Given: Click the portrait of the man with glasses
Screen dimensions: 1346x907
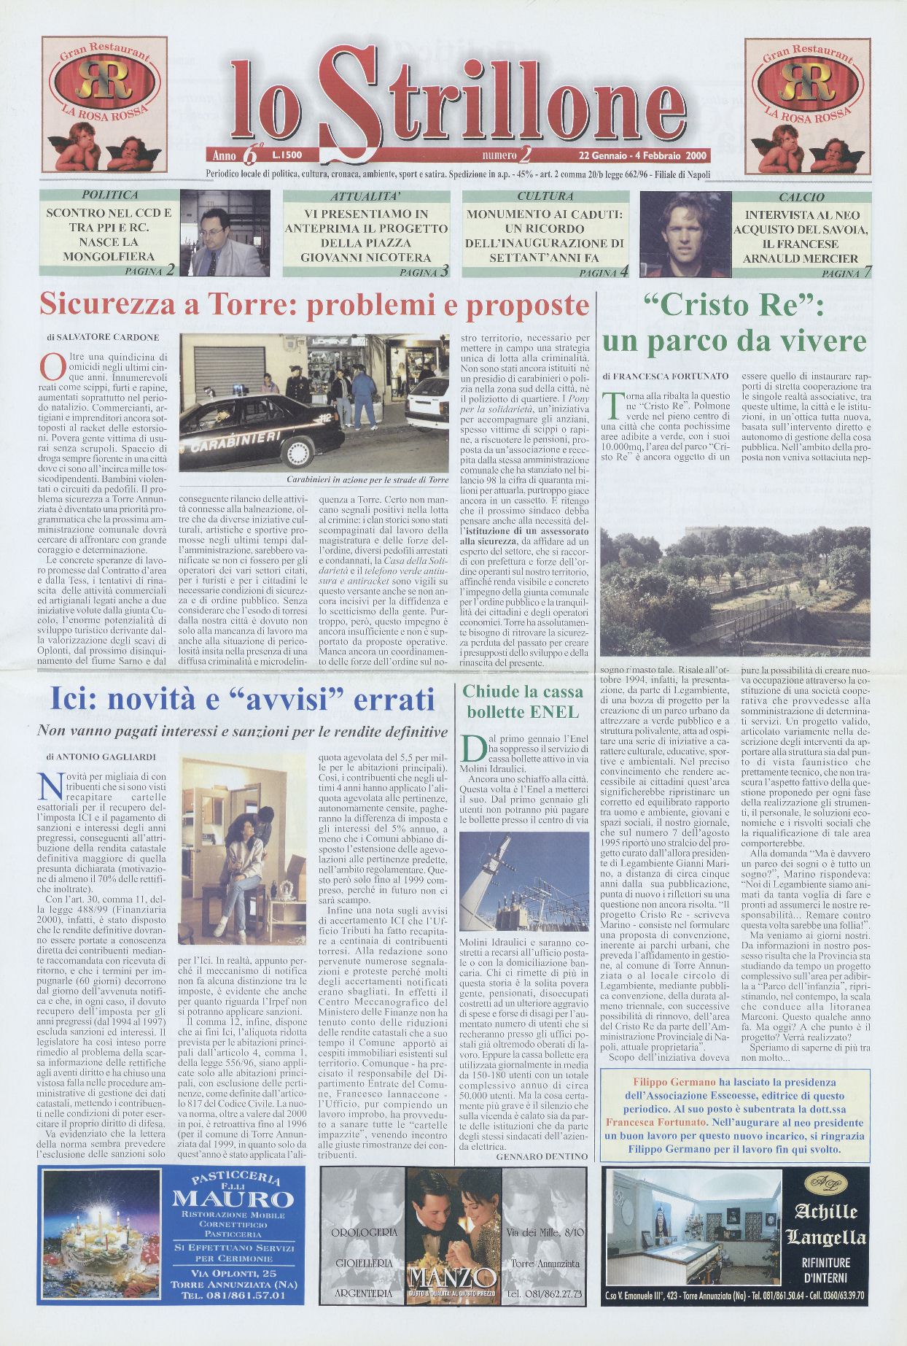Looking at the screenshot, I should (225, 234).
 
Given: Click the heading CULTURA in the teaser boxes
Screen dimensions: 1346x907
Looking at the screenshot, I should (545, 196).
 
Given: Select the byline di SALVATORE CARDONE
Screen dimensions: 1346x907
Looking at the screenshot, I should (103, 338).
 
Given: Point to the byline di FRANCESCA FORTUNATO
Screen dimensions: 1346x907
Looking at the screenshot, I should (665, 376).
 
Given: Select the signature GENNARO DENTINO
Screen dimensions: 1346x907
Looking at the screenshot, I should (541, 1156).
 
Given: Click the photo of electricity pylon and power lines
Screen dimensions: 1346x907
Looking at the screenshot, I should (524, 883).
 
